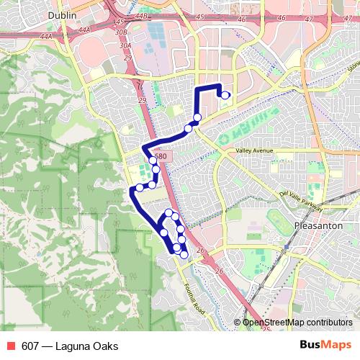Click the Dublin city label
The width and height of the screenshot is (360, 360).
[x=63, y=14]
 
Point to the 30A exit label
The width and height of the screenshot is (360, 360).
[x=125, y=45]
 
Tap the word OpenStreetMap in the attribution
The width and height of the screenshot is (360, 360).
[x=271, y=323]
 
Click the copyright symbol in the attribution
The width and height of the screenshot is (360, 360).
[x=238, y=323]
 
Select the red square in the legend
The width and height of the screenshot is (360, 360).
[x=11, y=346]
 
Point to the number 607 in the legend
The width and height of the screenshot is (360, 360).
[x=31, y=346]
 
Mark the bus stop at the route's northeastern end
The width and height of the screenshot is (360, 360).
[x=225, y=94]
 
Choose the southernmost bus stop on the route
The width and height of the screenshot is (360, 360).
[x=184, y=254]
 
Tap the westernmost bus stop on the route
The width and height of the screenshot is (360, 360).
[x=140, y=188]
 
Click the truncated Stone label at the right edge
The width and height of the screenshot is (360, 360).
[x=353, y=67]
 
